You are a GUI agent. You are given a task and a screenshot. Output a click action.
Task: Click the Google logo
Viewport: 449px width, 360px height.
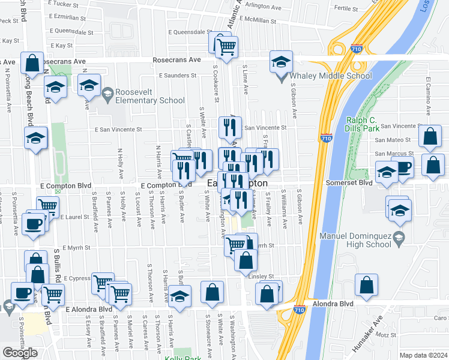[20, 352]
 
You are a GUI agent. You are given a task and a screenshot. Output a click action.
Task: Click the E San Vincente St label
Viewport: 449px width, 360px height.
[117, 129]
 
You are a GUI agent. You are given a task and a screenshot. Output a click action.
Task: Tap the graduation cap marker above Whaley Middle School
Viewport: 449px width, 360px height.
[280, 62]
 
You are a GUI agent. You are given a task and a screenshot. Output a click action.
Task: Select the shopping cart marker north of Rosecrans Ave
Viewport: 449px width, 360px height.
[226, 46]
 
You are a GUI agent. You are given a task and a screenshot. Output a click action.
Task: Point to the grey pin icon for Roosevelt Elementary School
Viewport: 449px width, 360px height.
[107, 92]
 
